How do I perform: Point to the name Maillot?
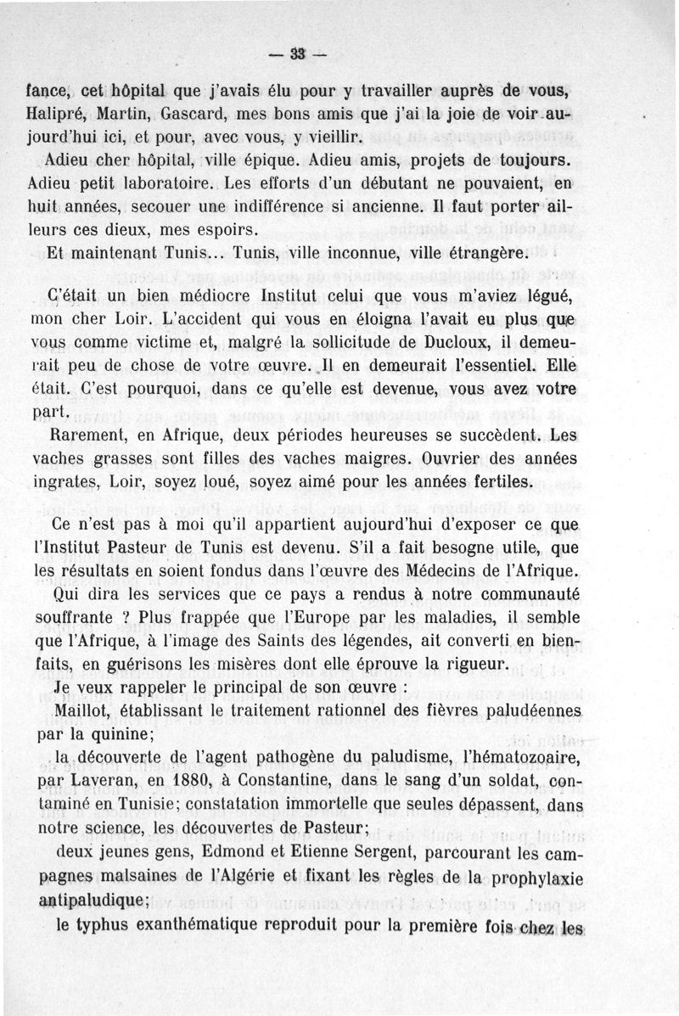[81, 710]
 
